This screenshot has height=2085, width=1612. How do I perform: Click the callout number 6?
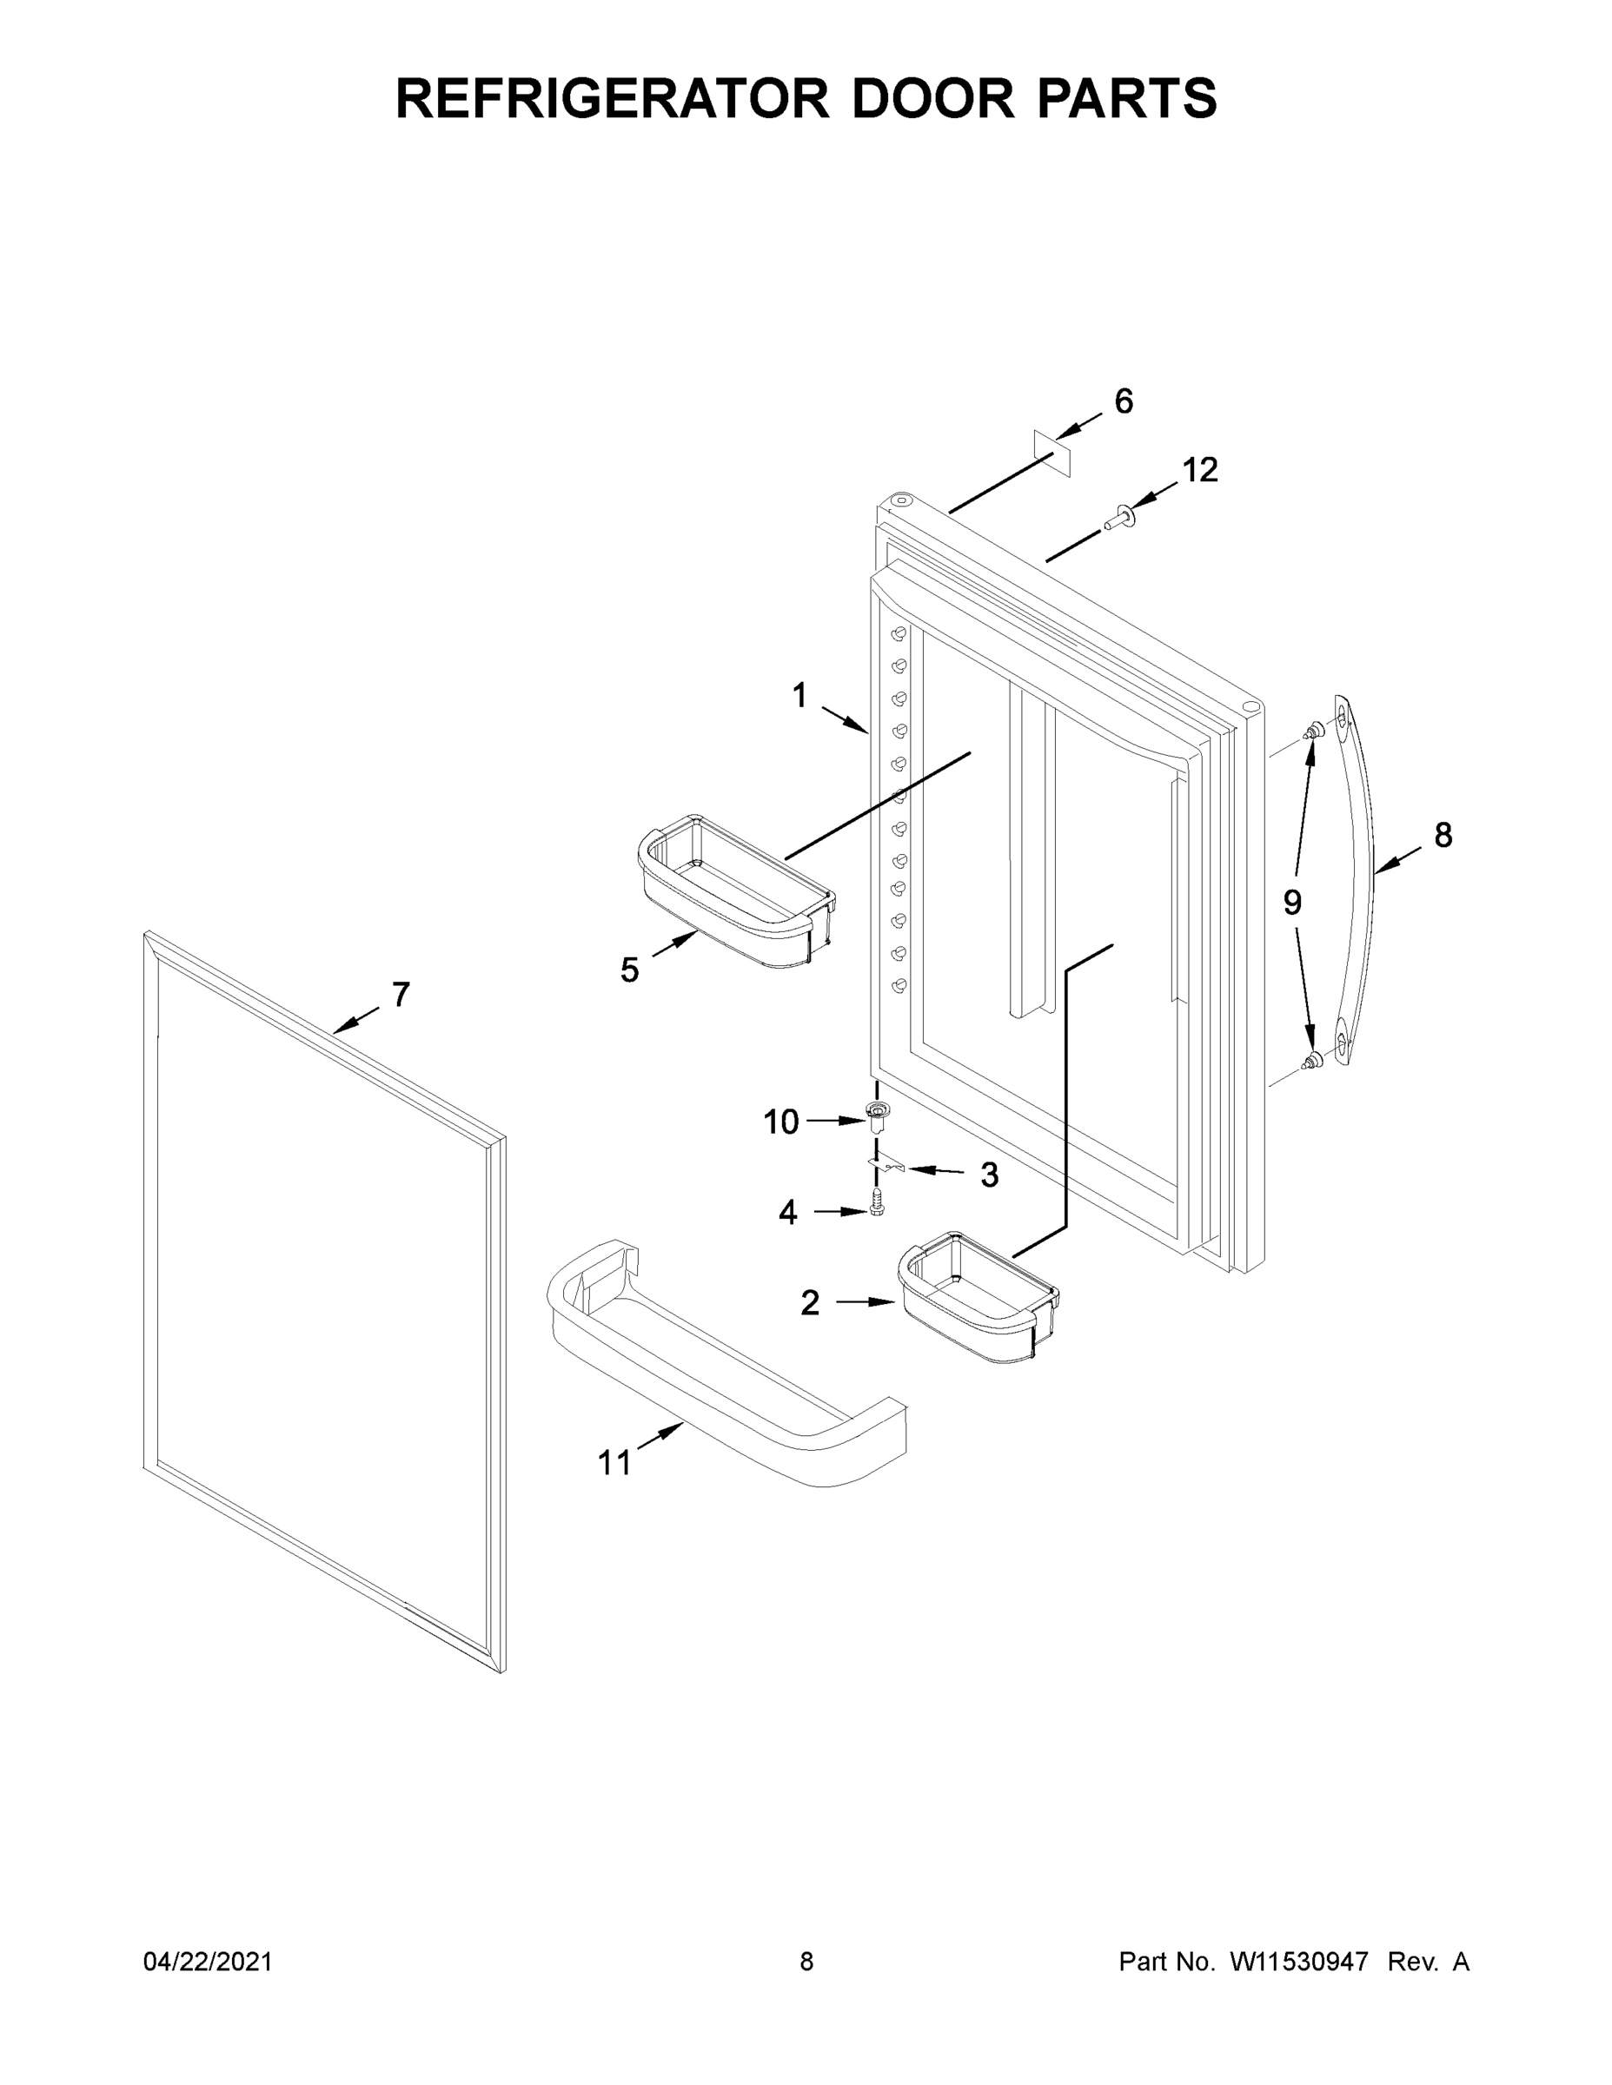point(1124,402)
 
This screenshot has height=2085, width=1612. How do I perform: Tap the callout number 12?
point(1200,470)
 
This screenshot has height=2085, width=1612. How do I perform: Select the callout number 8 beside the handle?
point(1443,836)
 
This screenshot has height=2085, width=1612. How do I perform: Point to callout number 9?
point(1292,902)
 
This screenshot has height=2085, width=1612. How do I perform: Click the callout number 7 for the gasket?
point(401,995)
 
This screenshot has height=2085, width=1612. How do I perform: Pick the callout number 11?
point(615,1463)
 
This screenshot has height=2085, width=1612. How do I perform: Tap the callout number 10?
point(780,1122)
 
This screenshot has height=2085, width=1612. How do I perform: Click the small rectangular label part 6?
point(1052,453)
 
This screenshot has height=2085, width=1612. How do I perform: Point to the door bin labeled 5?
point(735,892)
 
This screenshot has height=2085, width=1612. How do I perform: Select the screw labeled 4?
point(878,1202)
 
